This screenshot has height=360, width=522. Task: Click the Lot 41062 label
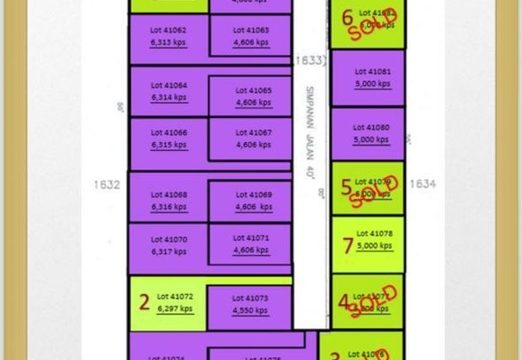168,30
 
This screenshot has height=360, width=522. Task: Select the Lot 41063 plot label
251,30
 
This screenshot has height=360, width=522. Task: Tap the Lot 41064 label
169,85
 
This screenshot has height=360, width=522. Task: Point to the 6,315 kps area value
168,145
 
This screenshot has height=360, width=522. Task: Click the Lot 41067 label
254,133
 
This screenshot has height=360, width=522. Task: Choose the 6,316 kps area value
168,207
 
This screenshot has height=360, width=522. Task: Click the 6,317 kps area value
168,251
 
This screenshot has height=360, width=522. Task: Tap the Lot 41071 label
251,238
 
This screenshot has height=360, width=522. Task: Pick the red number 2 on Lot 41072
145,301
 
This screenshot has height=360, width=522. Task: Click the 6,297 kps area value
175,308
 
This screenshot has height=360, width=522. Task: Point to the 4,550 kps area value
250,310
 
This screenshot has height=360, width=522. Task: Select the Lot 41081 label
373,72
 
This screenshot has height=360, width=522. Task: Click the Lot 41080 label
371,128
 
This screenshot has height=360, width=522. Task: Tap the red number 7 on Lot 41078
347,245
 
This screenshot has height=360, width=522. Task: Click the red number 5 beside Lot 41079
346,187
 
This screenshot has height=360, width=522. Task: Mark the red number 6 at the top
347,18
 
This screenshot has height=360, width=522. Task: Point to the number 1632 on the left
106,185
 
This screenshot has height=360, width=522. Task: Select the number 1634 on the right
422,184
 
